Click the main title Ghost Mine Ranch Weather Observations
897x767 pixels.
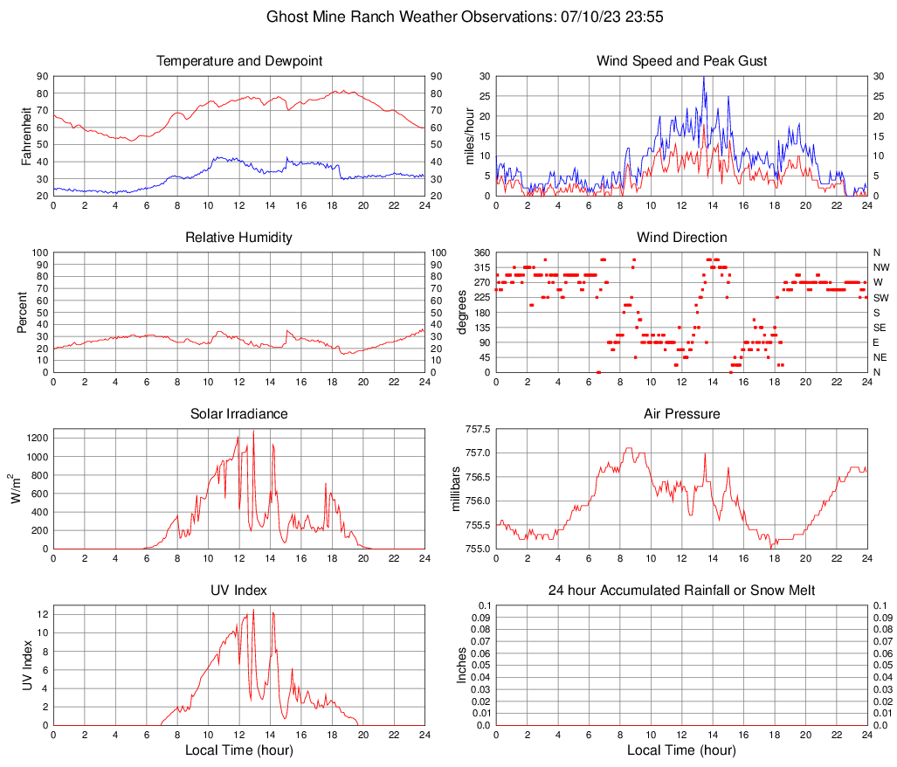449,17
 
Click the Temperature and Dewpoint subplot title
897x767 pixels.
238,61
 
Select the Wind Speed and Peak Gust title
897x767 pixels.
681,61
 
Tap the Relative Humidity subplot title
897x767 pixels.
238,238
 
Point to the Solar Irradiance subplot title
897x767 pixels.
238,413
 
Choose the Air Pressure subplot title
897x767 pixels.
681,413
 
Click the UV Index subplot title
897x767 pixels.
238,591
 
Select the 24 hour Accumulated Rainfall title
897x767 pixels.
681,591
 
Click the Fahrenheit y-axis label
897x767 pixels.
26,136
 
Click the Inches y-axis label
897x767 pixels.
463,666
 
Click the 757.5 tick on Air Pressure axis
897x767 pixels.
477,430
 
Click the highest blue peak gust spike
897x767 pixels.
704,77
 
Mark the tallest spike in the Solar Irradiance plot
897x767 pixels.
253,430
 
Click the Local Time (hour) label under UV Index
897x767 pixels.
238,750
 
